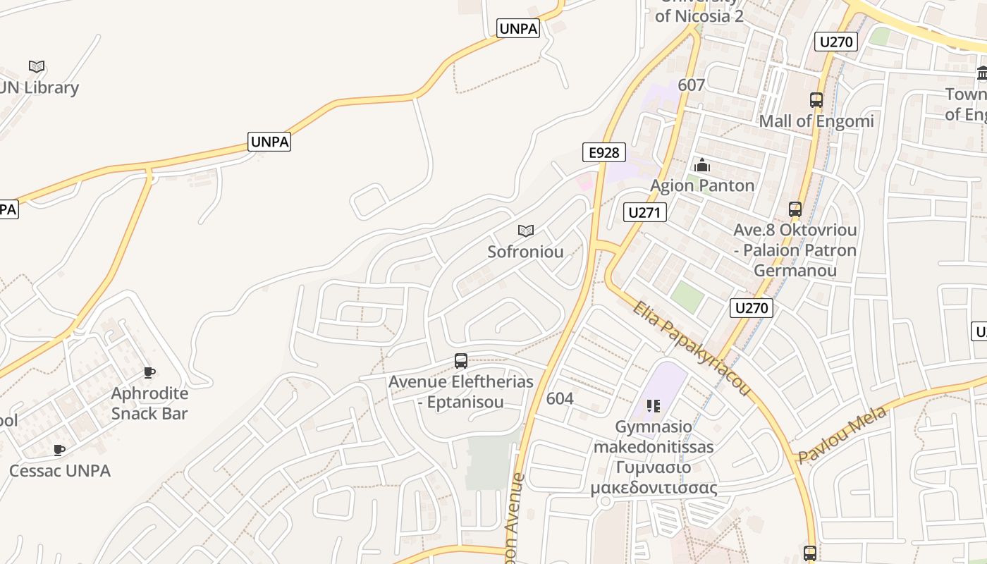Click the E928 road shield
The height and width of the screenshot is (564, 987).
604,152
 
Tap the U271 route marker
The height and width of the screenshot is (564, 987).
645,212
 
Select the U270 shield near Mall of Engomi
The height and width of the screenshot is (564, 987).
836,42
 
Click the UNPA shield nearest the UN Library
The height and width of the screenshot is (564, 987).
270,142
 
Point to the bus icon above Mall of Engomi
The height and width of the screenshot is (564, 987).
816,100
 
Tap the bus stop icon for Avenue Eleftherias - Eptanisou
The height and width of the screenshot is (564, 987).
461,361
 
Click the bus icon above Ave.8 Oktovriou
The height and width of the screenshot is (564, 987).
795,209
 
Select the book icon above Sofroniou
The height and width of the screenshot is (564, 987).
525,231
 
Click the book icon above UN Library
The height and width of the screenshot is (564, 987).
37,67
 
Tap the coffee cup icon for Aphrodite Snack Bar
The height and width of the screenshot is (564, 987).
149,372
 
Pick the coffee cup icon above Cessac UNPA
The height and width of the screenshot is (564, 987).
59,450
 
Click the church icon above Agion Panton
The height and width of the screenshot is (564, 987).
702,166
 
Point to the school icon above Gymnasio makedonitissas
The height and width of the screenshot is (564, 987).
654,406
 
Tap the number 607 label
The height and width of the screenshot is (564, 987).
691,85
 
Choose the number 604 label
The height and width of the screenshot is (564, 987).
560,398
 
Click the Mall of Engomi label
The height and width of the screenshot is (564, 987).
816,121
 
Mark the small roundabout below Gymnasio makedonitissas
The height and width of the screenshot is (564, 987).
604,501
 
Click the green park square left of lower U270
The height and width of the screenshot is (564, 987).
687,297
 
